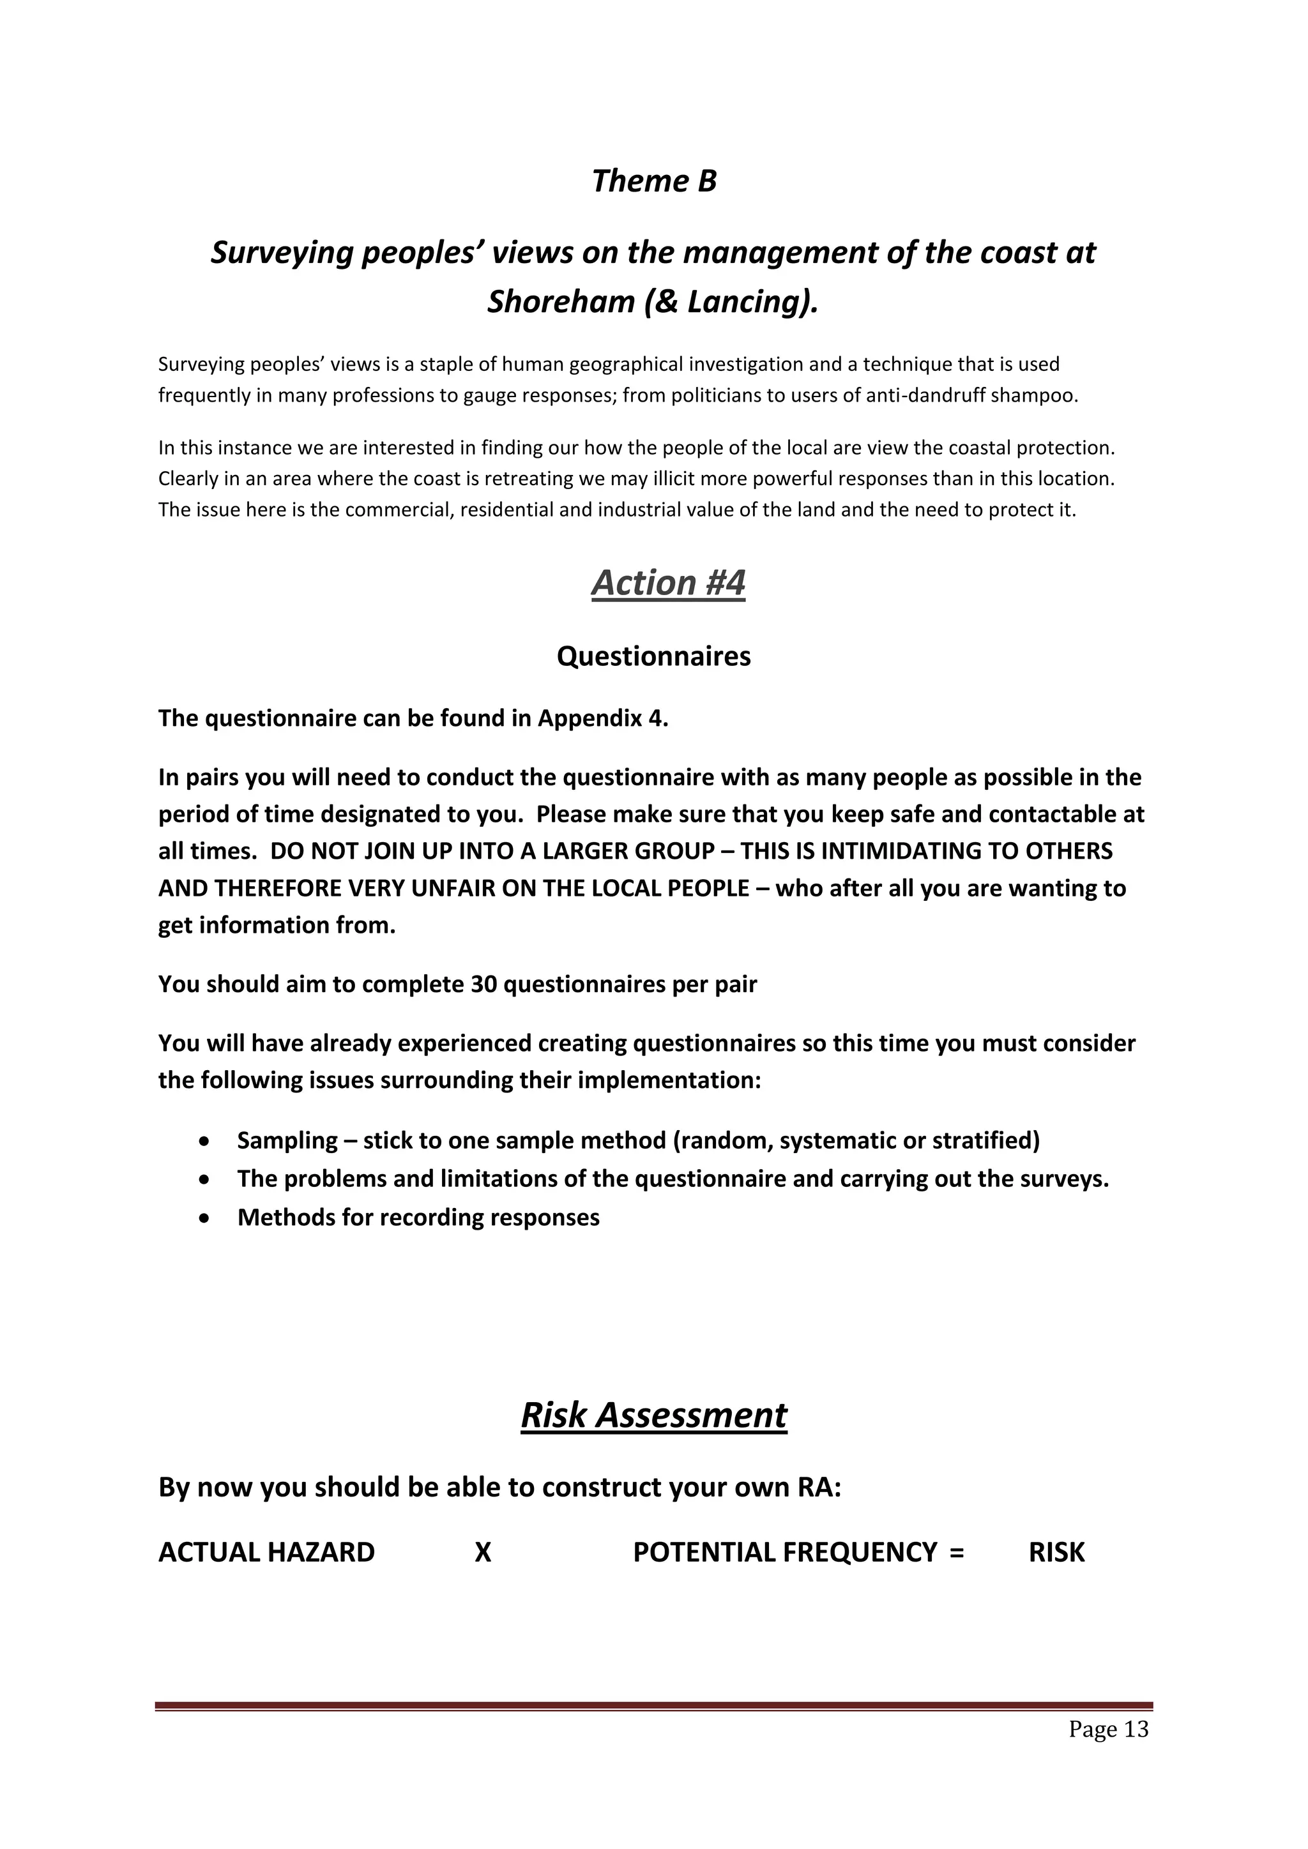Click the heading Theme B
click(x=653, y=181)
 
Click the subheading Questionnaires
click(x=653, y=656)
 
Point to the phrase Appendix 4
click(x=602, y=718)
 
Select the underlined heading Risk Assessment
click(x=653, y=1415)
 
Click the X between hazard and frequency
click(x=482, y=1553)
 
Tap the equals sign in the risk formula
click(x=956, y=1553)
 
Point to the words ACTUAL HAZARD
click(x=266, y=1553)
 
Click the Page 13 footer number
click(x=1108, y=1729)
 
